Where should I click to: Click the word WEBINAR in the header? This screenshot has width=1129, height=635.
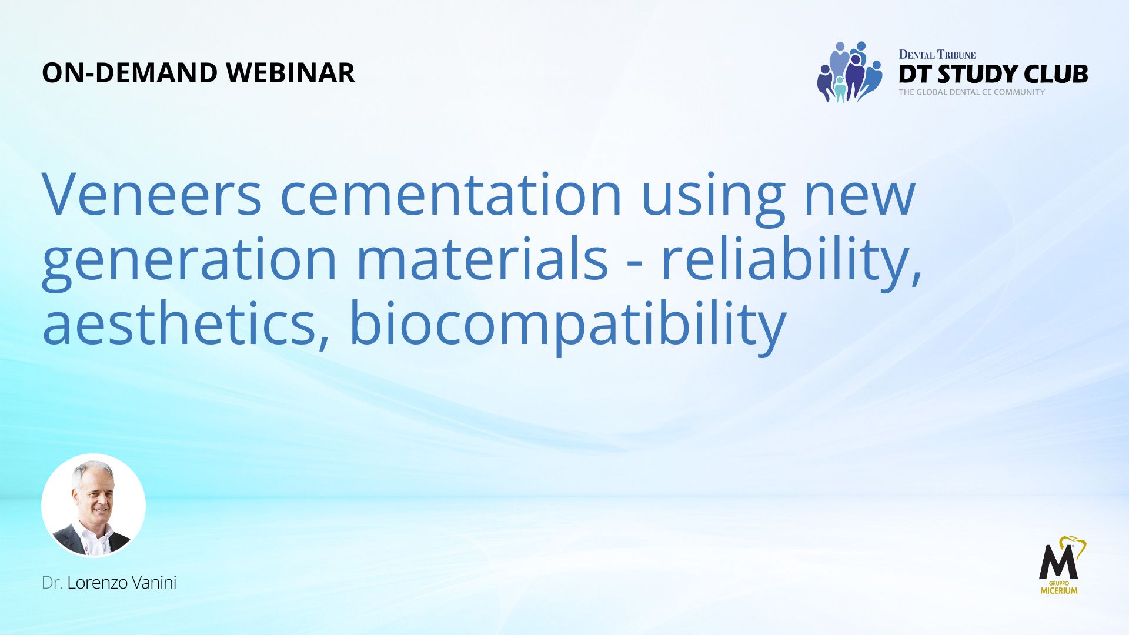(290, 73)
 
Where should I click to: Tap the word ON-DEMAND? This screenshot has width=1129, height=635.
(130, 73)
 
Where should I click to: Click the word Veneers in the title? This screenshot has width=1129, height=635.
(152, 195)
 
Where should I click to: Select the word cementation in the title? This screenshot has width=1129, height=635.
(451, 195)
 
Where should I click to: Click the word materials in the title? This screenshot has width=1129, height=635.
(482, 258)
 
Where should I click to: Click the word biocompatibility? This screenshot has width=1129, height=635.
(567, 327)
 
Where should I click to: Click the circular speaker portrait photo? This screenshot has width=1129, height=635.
(93, 506)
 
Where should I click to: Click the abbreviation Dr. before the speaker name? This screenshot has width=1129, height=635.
(52, 583)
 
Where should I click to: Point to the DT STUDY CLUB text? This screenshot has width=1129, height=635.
(993, 74)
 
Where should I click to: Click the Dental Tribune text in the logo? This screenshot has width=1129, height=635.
(937, 55)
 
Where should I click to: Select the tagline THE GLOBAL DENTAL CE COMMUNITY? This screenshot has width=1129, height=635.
(971, 92)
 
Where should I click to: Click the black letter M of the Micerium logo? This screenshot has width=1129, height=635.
(1058, 562)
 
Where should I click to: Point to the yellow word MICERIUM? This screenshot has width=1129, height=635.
(1059, 590)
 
